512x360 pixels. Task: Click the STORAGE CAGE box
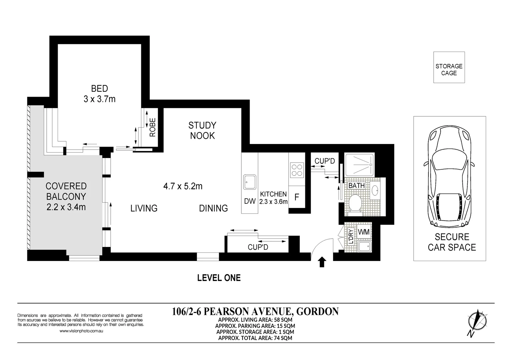pyautogui.click(x=449, y=67)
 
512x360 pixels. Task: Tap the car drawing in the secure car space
pyautogui.click(x=449, y=176)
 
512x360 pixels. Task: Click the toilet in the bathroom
pyautogui.click(x=355, y=205)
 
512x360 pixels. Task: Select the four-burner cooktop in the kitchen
pyautogui.click(x=297, y=170)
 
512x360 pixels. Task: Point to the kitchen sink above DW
pyautogui.click(x=250, y=182)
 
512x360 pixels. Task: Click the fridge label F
pyautogui.click(x=297, y=197)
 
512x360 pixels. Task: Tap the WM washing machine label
pyautogui.click(x=363, y=232)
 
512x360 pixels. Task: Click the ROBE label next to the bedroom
pyautogui.click(x=152, y=127)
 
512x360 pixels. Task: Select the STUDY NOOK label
pyautogui.click(x=202, y=131)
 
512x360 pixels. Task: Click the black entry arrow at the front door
pyautogui.click(x=322, y=262)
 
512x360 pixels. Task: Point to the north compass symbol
pyautogui.click(x=477, y=323)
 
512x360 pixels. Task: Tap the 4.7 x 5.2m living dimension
pyautogui.click(x=183, y=186)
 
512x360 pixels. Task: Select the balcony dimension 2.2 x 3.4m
pyautogui.click(x=66, y=207)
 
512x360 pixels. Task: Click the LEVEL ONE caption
pyautogui.click(x=219, y=278)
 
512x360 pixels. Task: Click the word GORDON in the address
pyautogui.click(x=317, y=312)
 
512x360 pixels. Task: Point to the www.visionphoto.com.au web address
pyautogui.click(x=81, y=331)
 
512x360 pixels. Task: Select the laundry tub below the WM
pyautogui.click(x=365, y=246)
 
